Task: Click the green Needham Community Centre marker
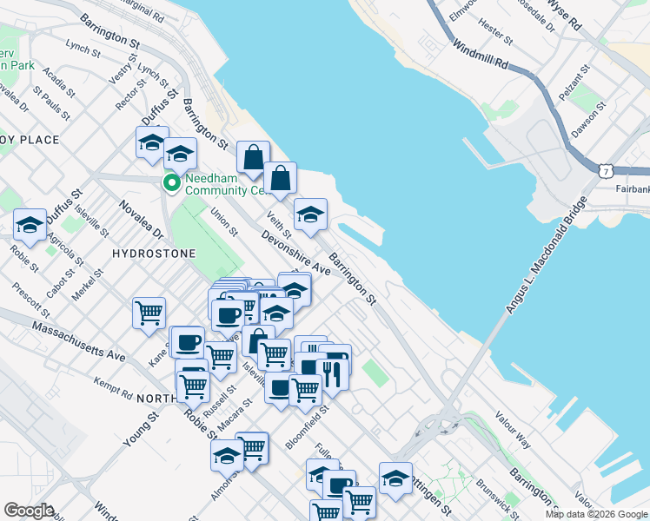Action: click(171, 183)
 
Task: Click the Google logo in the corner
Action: click(30, 511)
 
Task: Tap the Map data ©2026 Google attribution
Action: click(595, 514)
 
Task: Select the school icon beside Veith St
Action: click(310, 214)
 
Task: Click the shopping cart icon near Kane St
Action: click(149, 311)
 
